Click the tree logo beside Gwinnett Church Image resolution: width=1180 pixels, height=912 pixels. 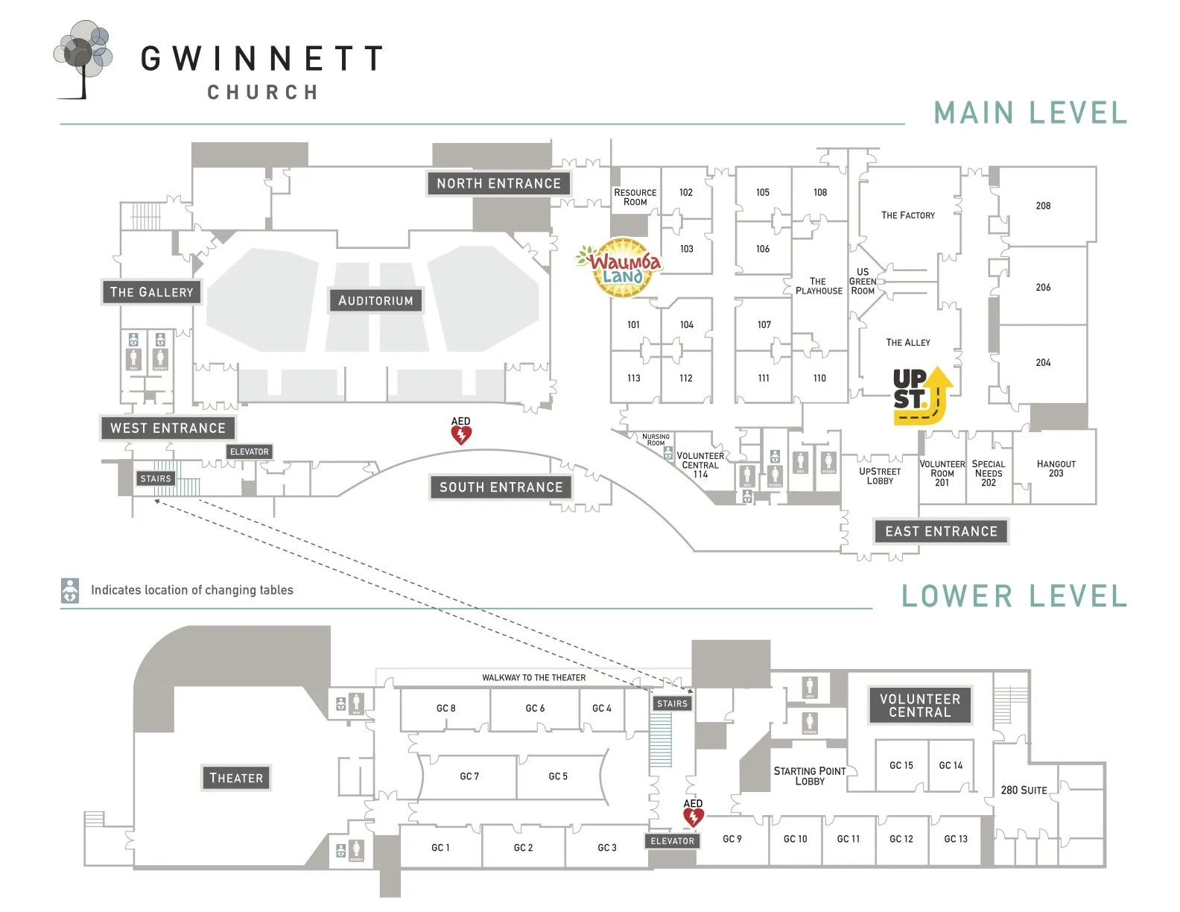click(83, 58)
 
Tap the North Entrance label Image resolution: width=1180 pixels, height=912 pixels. click(498, 183)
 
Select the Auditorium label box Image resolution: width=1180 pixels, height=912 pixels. click(375, 300)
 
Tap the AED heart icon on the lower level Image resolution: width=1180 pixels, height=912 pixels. click(694, 817)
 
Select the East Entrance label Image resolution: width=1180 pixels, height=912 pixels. click(941, 531)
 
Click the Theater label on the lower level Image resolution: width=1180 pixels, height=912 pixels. click(236, 778)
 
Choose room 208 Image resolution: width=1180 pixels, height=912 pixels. click(1043, 206)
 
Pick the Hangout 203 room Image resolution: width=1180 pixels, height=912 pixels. click(1056, 468)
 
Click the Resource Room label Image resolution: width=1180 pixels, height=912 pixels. click(635, 197)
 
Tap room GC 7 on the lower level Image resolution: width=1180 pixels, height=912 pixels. click(469, 776)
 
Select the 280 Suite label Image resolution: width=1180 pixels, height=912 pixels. click(1024, 790)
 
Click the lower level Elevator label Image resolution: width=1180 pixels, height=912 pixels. click(672, 841)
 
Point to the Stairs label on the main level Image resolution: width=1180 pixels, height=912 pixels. click(156, 479)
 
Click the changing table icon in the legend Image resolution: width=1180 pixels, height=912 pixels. click(70, 590)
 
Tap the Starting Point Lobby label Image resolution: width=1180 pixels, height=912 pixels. click(810, 776)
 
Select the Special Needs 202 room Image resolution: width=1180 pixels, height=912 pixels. click(989, 473)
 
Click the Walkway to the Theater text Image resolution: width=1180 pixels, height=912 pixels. click(533, 677)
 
